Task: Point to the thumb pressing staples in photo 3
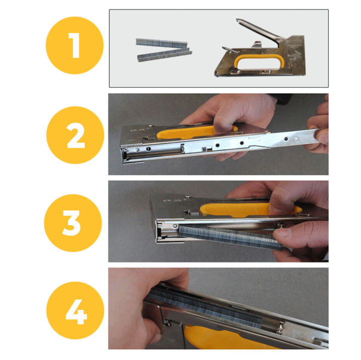286,233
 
